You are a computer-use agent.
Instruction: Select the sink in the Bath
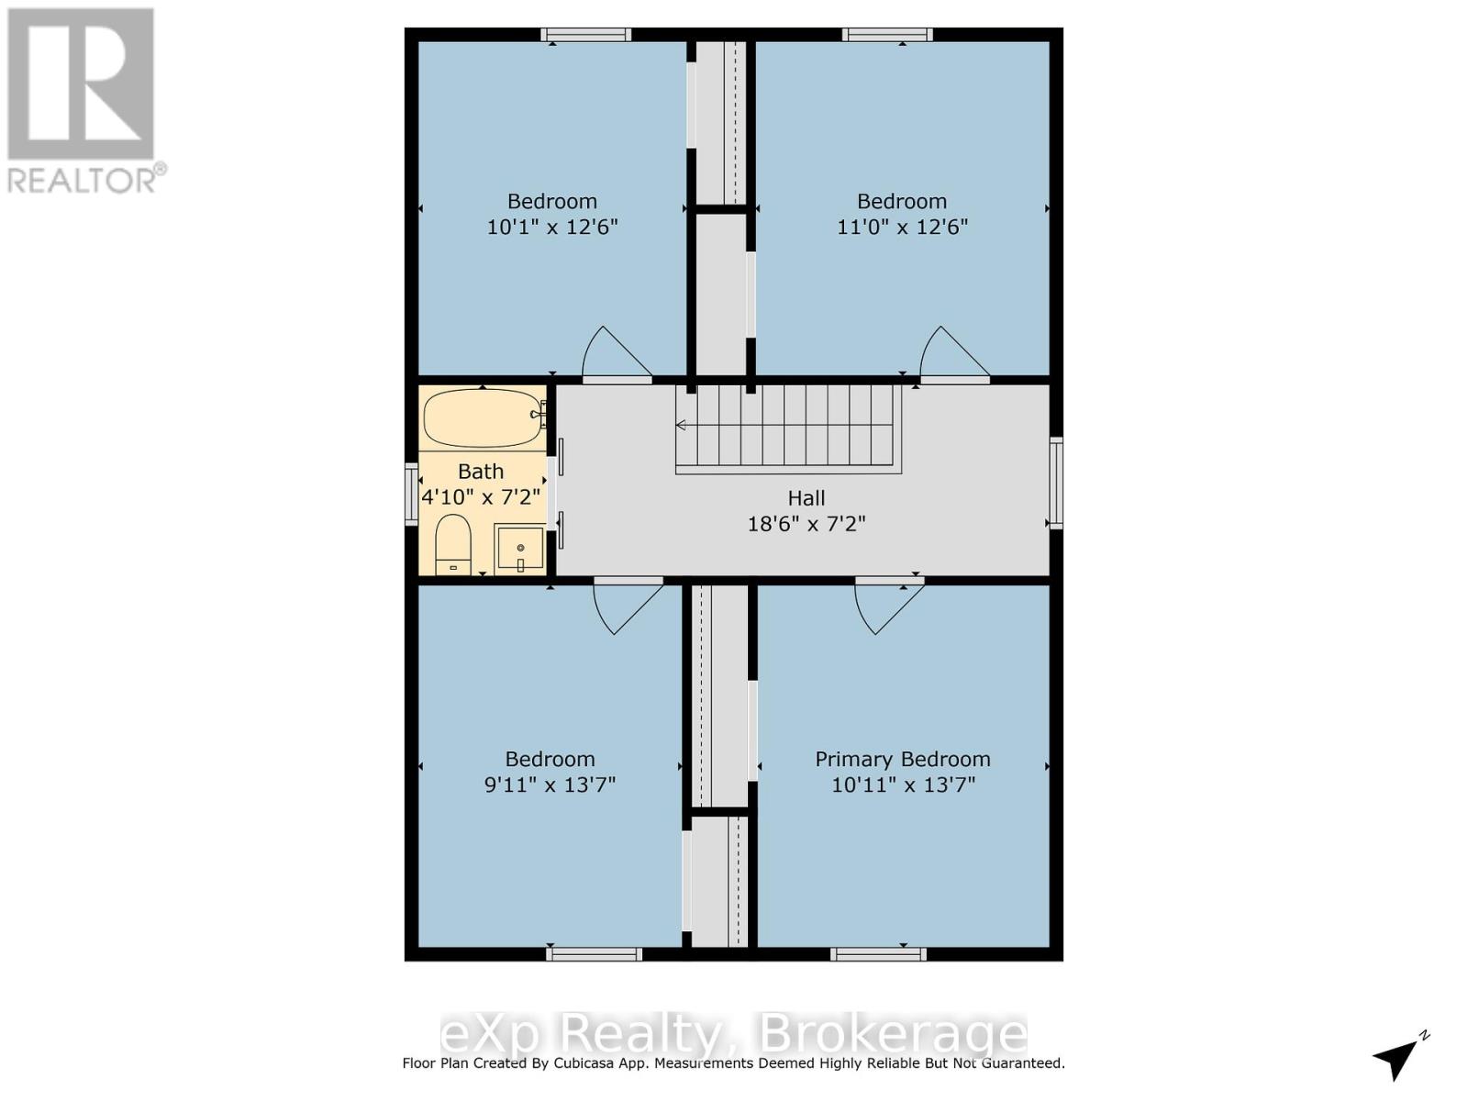pos(519,549)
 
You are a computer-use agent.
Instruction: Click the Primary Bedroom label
pos(903,760)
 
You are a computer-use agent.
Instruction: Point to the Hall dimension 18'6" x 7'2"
pos(806,524)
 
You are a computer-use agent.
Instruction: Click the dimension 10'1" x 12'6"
pos(552,227)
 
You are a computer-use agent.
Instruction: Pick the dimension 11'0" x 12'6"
pos(902,227)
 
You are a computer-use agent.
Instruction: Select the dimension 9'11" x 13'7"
pos(550,785)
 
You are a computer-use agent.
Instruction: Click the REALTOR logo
pos(83,101)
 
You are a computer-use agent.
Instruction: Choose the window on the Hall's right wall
pos(1056,484)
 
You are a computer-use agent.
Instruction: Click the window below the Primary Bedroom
pos(878,954)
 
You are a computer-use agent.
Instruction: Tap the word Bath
pos(481,472)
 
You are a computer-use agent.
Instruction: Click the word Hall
pos(806,498)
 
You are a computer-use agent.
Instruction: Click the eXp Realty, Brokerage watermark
pos(733,1034)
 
